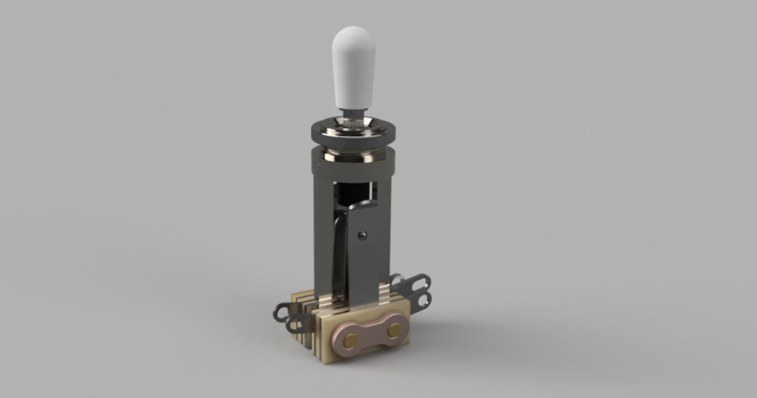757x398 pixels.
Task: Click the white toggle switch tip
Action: tap(353, 69)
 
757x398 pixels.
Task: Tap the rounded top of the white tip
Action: tap(353, 35)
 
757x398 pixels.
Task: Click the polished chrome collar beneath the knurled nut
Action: tap(353, 152)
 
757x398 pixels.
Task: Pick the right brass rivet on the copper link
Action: tap(394, 329)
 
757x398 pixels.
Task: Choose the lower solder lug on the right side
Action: tap(419, 299)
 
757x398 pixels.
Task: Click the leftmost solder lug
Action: tap(281, 311)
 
